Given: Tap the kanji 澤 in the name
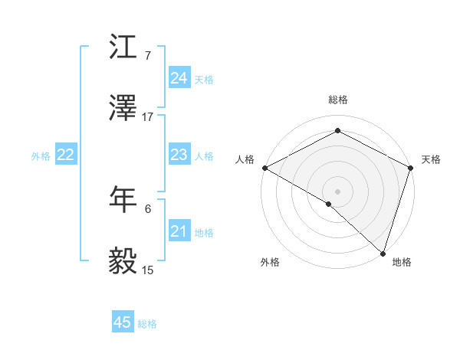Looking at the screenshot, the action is tap(123, 109).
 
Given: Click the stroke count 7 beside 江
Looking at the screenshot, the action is tap(148, 55).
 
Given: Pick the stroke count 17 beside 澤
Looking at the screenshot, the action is tap(148, 117).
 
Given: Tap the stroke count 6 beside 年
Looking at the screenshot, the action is tap(148, 208).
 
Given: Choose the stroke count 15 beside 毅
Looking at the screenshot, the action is tap(148, 270).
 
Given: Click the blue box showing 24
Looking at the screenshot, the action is tap(179, 77).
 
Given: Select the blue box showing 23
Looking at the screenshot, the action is tap(179, 155).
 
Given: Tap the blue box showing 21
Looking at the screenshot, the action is tap(179, 231).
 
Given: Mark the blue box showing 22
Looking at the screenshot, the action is tap(66, 155).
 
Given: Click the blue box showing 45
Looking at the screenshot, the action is tap(123, 322).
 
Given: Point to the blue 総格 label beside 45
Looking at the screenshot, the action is tap(147, 324).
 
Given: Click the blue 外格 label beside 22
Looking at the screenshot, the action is tap(41, 155).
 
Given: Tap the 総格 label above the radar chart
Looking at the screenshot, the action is tap(338, 100).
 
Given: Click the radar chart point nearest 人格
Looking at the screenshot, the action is tap(264, 168).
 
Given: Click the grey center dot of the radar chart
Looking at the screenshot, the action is tap(338, 191).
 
